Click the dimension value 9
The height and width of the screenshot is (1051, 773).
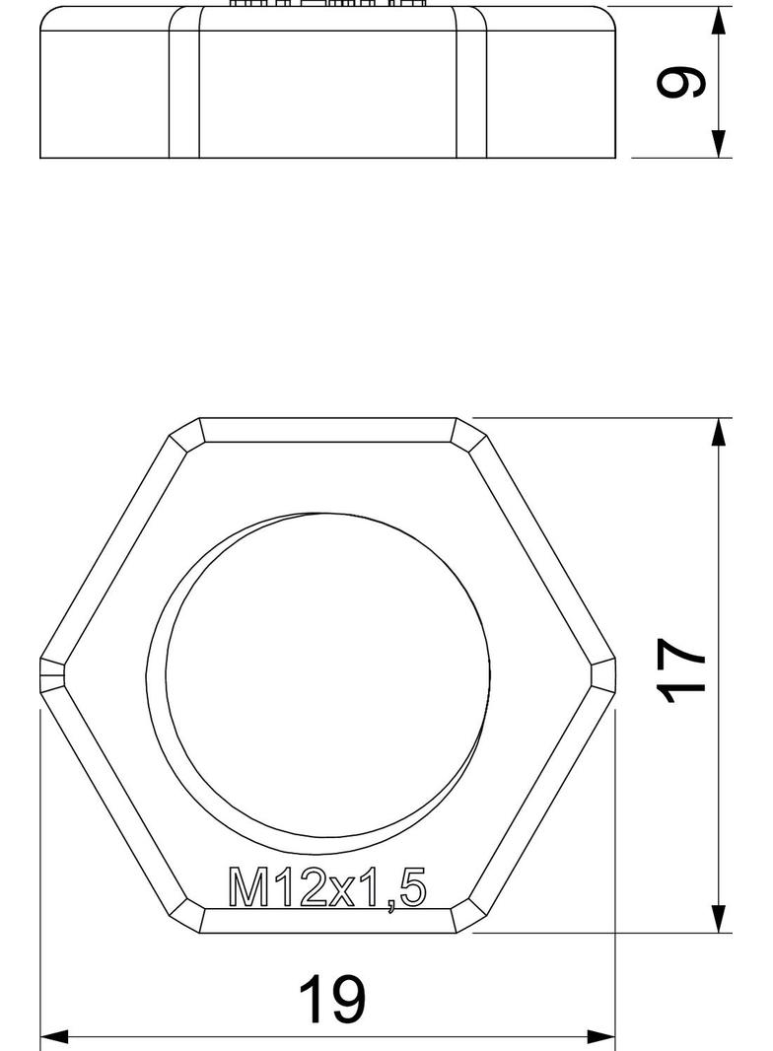click(682, 83)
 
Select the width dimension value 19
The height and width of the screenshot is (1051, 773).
click(331, 999)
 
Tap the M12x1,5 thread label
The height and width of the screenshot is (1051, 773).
click(327, 887)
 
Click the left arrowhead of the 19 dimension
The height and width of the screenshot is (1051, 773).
click(53, 1037)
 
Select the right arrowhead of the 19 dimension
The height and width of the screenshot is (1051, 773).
click(601, 1037)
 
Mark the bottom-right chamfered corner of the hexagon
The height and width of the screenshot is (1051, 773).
click(469, 918)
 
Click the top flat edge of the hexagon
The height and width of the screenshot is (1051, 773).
click(327, 430)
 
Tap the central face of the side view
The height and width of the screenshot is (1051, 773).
click(327, 94)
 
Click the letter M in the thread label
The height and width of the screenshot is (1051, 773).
click(246, 887)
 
